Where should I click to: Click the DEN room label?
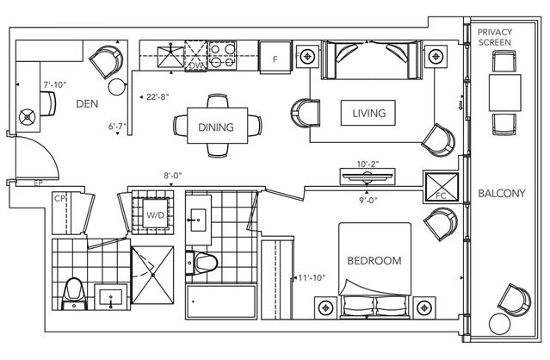pyautogui.click(x=87, y=104)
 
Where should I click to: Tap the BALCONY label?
pyautogui.click(x=502, y=193)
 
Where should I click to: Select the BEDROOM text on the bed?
pyautogui.click(x=374, y=261)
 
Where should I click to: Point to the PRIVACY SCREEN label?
pyautogui.click(x=495, y=37)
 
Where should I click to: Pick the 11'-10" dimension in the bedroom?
pyautogui.click(x=312, y=278)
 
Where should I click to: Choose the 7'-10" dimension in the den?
pyautogui.click(x=55, y=84)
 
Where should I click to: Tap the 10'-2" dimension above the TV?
pyautogui.click(x=368, y=164)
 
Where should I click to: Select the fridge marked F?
pyautogui.click(x=275, y=57)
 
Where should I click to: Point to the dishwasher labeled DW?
pyautogui.click(x=195, y=56)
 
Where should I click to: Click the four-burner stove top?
pyautogui.click(x=222, y=55)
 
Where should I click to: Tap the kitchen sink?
pyautogui.click(x=170, y=56)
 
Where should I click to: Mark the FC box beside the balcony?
pyautogui.click(x=442, y=187)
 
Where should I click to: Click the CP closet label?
pyautogui.click(x=59, y=199)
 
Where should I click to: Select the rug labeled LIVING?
pyautogui.click(x=368, y=113)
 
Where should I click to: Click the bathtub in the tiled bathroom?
pyautogui.click(x=221, y=301)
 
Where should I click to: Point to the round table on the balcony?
pyautogui.click(x=499, y=324)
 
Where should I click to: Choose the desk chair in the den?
pyautogui.click(x=48, y=103)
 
